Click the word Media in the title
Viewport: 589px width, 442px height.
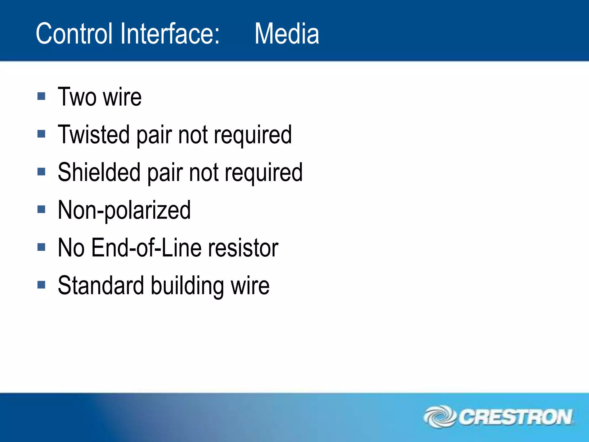287,34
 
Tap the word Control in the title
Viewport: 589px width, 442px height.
74,34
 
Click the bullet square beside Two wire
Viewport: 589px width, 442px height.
41,96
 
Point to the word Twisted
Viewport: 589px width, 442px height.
93,134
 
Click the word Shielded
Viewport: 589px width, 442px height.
99,172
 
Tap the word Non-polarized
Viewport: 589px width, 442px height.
124,210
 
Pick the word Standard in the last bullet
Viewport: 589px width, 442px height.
101,285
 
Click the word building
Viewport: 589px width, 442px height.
187,286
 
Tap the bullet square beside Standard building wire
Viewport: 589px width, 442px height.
41,285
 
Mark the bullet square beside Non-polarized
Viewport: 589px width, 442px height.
41,209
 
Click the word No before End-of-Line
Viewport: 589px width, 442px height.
71,248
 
